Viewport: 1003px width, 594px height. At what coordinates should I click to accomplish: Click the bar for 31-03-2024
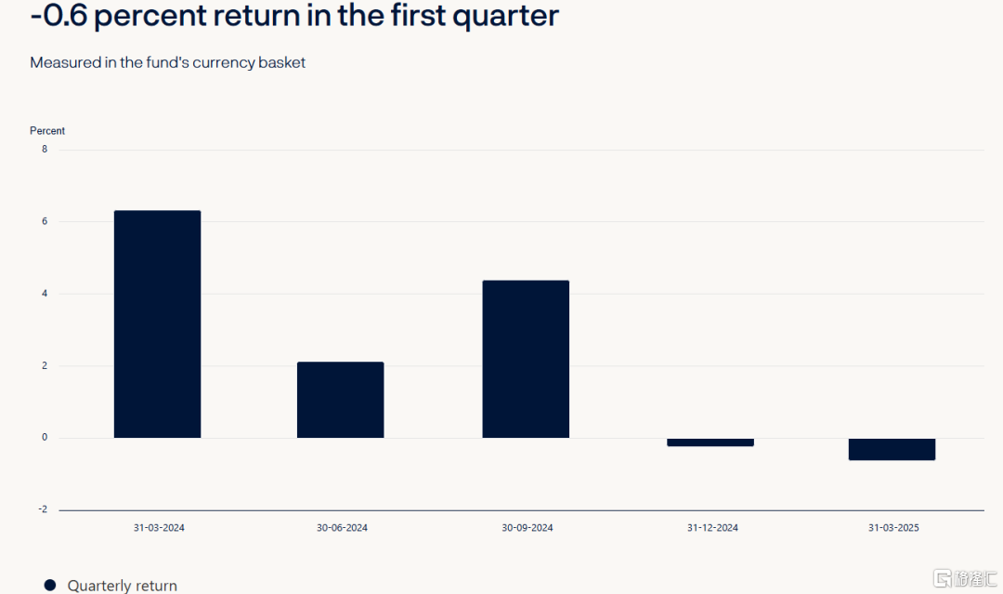tap(157, 323)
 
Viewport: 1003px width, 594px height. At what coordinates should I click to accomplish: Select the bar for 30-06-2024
tap(340, 400)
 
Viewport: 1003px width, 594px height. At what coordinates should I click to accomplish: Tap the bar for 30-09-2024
tap(526, 359)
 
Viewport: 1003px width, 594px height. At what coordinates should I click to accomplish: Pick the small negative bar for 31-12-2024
tap(710, 442)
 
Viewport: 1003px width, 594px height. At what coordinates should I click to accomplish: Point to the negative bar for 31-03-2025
tap(892, 449)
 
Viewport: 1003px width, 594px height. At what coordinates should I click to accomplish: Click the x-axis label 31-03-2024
tap(159, 527)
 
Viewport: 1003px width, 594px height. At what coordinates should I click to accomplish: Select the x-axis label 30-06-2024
tap(342, 527)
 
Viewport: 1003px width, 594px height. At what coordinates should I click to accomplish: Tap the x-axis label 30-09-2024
tap(528, 527)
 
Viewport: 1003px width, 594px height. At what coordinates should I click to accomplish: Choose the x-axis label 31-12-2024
tap(712, 527)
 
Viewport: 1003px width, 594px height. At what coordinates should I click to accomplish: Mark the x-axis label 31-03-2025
tap(893, 527)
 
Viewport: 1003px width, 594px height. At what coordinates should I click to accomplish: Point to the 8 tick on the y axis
tap(45, 149)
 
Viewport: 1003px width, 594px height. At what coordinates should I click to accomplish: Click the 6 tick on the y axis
tap(45, 221)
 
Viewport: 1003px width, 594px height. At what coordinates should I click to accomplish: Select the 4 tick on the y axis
tap(45, 294)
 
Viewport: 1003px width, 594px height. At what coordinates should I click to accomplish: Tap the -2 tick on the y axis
tap(43, 509)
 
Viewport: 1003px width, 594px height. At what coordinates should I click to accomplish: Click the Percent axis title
tap(47, 130)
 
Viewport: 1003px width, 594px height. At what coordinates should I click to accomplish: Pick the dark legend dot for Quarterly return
tap(50, 585)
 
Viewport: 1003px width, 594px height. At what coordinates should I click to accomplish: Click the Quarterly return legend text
tap(123, 586)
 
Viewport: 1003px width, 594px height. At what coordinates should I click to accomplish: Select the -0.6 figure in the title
tap(59, 15)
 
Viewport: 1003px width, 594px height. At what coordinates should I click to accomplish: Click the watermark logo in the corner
tap(965, 578)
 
